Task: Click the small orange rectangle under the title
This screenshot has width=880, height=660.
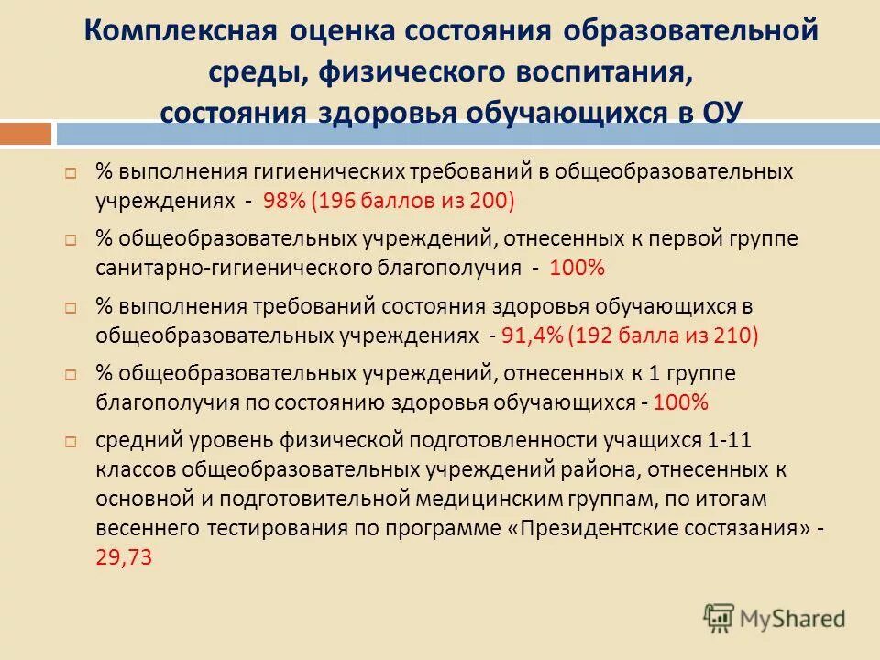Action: pos(26,135)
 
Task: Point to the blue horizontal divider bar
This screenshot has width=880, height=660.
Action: pos(467,135)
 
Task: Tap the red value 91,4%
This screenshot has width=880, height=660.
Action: pos(532,335)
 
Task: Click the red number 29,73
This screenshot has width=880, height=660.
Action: pos(124,555)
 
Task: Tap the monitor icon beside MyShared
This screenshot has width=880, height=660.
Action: pos(720,617)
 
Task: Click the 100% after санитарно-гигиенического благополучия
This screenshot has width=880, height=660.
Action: pos(577,268)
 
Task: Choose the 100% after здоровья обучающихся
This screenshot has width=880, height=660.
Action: pos(680,403)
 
